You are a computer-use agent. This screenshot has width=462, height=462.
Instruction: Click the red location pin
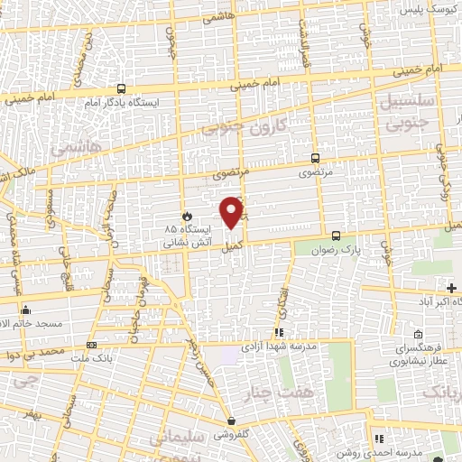point(232,211)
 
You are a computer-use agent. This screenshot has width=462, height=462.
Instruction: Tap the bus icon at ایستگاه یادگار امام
point(121,88)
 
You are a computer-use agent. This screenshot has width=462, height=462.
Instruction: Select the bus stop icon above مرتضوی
point(314,155)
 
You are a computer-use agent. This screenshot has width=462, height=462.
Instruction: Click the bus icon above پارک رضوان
point(336,234)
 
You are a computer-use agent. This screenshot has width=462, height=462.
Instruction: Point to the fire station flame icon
point(187,217)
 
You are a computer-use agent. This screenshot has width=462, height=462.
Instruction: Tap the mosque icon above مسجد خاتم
point(25,310)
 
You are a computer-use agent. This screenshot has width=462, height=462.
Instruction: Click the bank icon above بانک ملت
point(91,345)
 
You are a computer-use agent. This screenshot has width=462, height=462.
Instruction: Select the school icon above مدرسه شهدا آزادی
point(267,333)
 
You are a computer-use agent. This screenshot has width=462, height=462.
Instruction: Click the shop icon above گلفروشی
point(232,420)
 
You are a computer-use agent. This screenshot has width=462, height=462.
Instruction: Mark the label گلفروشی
point(233,434)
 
